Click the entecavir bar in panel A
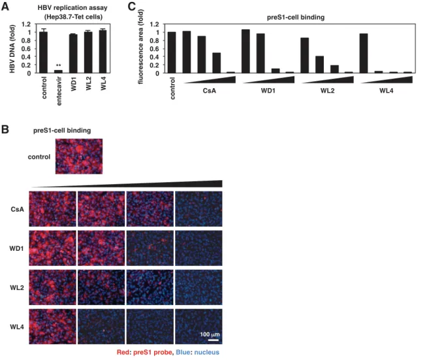(x=58, y=71)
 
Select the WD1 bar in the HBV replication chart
(x=73, y=54)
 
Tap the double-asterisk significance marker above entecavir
(x=58, y=65)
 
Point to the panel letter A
(x=5, y=7)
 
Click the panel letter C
(x=131, y=7)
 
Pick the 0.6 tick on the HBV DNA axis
(x=26, y=49)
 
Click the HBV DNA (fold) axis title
(x=12, y=49)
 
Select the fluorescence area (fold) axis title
(x=141, y=46)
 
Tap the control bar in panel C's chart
(x=172, y=53)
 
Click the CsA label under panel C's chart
(x=210, y=90)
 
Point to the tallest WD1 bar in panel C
(x=245, y=51)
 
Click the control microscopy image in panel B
(x=79, y=156)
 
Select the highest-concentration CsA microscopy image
(x=198, y=209)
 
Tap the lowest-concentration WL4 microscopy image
(x=52, y=327)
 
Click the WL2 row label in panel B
(x=17, y=287)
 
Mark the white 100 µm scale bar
(x=214, y=340)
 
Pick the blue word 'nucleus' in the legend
(x=207, y=352)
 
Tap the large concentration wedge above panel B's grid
(x=127, y=184)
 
